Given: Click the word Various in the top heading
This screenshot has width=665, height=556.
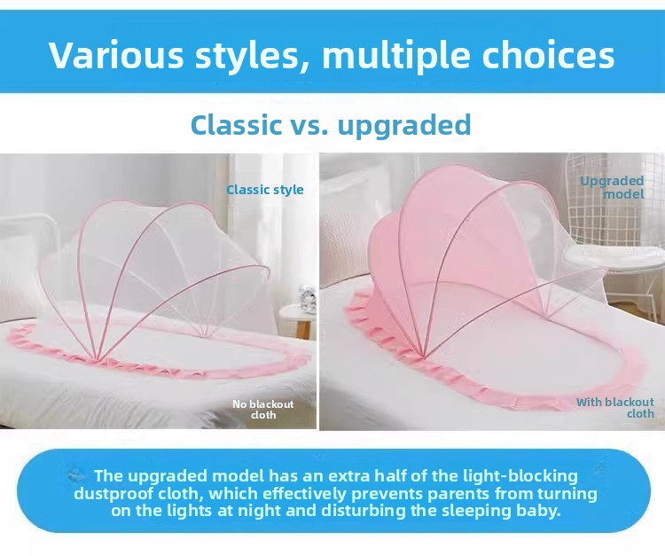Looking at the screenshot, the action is tap(116, 55).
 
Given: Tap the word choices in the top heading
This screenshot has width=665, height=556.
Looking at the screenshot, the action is tap(548, 55).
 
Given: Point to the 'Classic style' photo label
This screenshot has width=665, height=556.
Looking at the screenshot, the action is tap(264, 190).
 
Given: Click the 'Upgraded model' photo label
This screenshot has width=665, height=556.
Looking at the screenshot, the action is tap(612, 187).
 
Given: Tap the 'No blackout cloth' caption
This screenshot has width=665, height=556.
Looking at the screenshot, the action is tap(263, 410).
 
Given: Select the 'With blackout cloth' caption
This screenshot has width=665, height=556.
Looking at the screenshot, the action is tap(615, 408).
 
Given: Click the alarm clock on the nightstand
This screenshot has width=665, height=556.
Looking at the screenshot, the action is tap(305, 295).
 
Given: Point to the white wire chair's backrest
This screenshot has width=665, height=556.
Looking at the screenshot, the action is tap(615, 200).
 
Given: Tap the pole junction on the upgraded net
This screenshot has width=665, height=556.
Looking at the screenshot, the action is tap(422, 353).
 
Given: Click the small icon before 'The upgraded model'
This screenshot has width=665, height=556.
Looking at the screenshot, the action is tap(76, 475).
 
